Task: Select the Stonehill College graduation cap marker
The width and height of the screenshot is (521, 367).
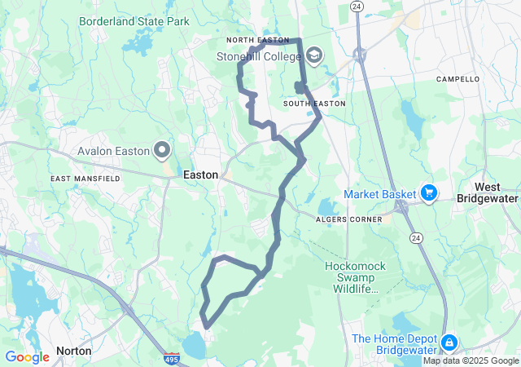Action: click(x=313, y=55)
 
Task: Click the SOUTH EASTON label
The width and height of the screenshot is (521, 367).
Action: click(x=314, y=104)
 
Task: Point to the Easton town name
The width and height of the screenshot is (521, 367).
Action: click(x=200, y=175)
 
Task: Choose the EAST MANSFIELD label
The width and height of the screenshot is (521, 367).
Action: click(x=80, y=178)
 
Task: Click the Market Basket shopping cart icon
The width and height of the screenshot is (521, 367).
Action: click(x=429, y=193)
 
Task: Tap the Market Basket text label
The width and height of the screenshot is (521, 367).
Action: click(x=380, y=194)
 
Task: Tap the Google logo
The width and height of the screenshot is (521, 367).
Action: click(x=27, y=356)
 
